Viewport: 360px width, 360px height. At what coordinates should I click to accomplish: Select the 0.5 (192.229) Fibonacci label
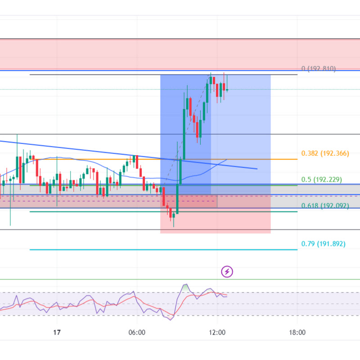point(322,180)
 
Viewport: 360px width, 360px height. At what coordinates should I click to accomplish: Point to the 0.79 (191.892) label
point(323,244)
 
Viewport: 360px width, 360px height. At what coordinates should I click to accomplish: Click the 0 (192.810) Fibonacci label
point(319,69)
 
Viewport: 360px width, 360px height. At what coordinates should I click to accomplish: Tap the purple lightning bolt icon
point(227,271)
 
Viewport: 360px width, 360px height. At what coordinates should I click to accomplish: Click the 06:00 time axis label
point(136,333)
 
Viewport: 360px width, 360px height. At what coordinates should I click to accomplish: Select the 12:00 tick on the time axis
point(217,333)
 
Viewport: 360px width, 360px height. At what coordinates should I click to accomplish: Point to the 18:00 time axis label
point(297,333)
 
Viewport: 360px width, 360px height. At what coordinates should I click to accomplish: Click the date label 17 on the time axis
point(56,333)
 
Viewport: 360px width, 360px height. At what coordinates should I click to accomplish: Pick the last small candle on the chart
point(227,90)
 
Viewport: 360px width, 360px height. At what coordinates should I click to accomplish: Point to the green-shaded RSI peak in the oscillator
point(185,287)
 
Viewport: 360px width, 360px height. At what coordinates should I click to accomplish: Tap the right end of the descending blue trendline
point(256,169)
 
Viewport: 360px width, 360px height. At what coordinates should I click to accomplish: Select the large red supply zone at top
point(180,54)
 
